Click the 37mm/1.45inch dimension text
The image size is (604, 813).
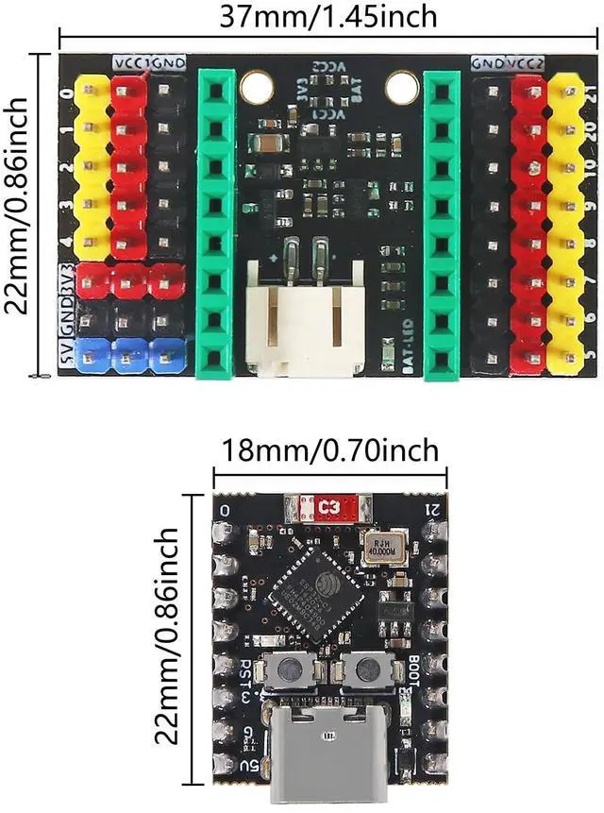pos(327,16)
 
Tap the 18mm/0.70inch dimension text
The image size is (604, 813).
pos(330,450)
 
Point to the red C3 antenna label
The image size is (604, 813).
pos(329,508)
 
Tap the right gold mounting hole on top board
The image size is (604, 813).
pos(401,88)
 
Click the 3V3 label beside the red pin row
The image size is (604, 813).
pos(66,280)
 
